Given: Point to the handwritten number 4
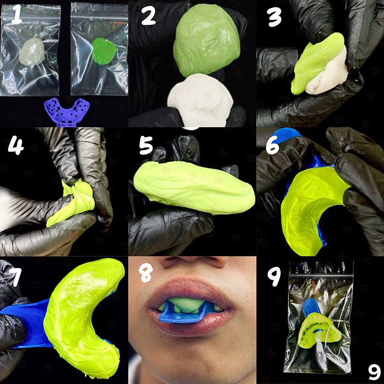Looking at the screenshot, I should point(16,144).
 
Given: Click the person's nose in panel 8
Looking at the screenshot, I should point(192,262).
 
